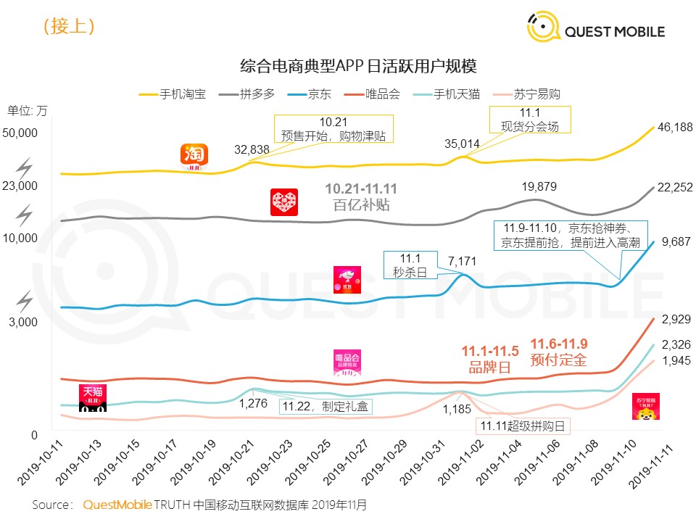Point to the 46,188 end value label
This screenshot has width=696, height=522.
(x=675, y=127)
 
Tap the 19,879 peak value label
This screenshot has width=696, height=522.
(x=539, y=186)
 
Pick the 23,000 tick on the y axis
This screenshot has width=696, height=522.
(x=20, y=186)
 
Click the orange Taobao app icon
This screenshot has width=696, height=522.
(x=194, y=155)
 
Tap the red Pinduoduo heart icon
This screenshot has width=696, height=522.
(x=283, y=202)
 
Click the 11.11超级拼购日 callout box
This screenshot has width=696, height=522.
(x=522, y=426)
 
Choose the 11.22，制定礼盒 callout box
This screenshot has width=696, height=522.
(x=326, y=406)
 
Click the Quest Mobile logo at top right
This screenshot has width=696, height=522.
(x=595, y=30)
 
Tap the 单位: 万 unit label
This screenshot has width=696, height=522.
(x=28, y=111)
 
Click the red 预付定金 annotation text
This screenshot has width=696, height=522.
(x=558, y=359)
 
